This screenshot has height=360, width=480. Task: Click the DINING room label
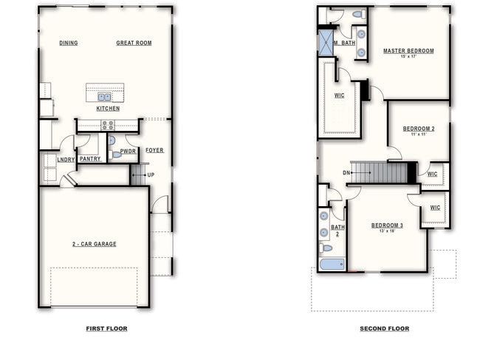coord(69,43)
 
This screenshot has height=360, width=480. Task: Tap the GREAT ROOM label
coord(134,43)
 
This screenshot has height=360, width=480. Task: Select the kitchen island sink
coord(104,96)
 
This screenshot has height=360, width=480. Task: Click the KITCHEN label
coord(107,109)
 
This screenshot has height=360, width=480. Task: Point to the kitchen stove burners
coord(108,125)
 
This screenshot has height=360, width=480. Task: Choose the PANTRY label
coord(90,158)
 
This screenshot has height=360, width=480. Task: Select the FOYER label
coord(154,150)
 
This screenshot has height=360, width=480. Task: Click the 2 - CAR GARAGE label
coord(94,244)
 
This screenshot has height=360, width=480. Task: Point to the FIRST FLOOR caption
coord(106,328)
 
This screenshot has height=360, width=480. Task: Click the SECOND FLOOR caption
coord(384,328)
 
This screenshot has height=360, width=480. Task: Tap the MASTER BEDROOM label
coord(408,51)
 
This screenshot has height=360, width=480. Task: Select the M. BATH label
coord(345,43)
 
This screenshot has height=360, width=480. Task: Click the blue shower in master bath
coord(325,43)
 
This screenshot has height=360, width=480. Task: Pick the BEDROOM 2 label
coord(419,129)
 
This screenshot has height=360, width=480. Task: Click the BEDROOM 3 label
coord(387,225)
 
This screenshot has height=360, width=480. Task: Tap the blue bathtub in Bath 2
coord(332,264)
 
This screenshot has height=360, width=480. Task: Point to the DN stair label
coord(346,173)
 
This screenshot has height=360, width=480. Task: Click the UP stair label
coord(151,174)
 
